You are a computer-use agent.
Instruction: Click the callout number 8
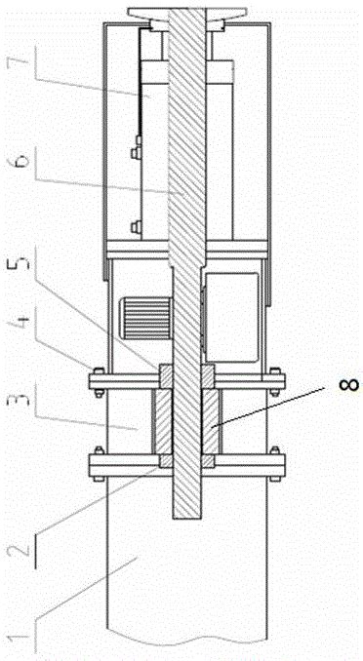[349, 384]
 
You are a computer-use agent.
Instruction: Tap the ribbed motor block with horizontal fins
[146, 318]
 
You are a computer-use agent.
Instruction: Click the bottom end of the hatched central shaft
[187, 518]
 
